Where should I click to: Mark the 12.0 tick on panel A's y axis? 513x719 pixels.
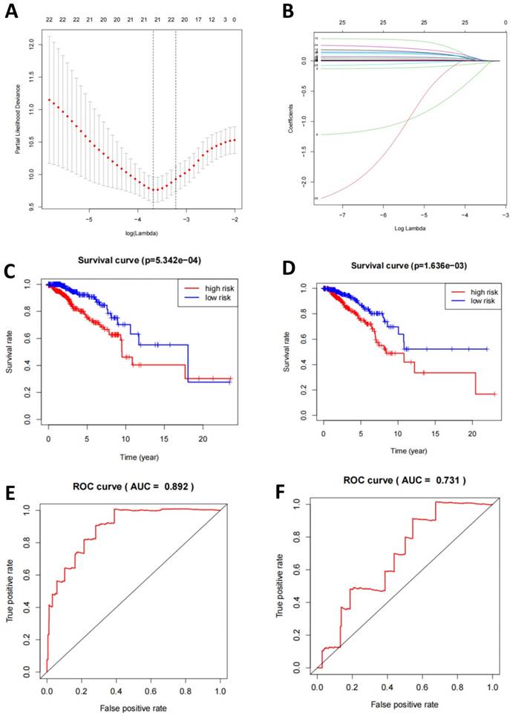(31, 45)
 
